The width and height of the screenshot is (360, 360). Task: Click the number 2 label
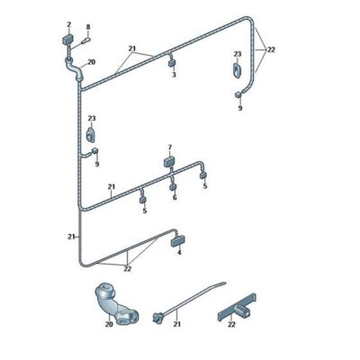69,24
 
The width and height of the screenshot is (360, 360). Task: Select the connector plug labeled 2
67,40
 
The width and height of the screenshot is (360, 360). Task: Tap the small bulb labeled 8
86,40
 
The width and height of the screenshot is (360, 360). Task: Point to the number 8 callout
88,27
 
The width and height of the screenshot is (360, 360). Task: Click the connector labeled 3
172,63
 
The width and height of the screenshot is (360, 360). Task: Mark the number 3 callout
174,75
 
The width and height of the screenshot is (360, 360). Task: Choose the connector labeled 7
169,162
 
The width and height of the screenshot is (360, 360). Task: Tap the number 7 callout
170,148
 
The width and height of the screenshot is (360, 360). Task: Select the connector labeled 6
173,187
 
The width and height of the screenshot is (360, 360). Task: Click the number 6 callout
175,197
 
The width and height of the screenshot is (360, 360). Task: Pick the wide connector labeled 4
177,241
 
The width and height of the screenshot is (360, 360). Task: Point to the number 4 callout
179,253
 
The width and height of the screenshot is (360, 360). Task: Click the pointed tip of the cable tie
224,283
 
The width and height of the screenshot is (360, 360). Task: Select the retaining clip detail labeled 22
237,307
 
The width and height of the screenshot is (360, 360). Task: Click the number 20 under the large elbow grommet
109,324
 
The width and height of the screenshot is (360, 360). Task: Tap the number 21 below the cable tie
177,324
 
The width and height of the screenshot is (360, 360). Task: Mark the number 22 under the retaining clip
231,324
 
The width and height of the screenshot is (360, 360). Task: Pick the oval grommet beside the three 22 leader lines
237,71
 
